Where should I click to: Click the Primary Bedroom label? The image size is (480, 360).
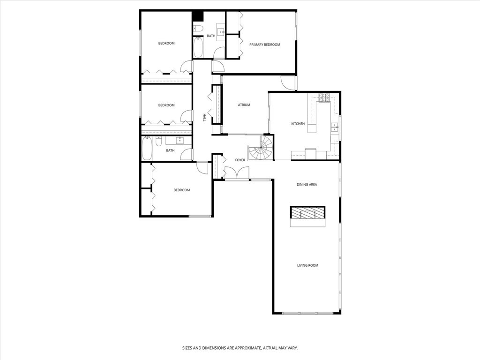(264, 45)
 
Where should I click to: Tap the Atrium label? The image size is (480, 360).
(244, 105)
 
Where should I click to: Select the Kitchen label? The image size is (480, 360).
(298, 124)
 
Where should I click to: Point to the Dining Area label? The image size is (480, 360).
(307, 185)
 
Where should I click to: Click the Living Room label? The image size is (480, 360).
(307, 265)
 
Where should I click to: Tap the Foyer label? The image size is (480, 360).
(240, 160)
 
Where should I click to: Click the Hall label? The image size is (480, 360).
(204, 117)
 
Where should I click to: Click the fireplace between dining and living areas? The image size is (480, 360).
(307, 217)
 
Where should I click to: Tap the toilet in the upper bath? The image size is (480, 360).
(198, 29)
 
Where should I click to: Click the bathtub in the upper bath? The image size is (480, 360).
(198, 47)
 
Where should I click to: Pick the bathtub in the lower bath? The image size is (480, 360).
(147, 149)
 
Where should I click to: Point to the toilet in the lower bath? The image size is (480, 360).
(158, 142)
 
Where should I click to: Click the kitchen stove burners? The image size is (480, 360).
(324, 97)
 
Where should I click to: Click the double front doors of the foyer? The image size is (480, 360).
(237, 172)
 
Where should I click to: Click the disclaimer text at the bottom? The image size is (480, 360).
(240, 348)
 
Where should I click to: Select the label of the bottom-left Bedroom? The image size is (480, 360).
(182, 190)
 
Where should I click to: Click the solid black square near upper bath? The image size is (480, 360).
(198, 16)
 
